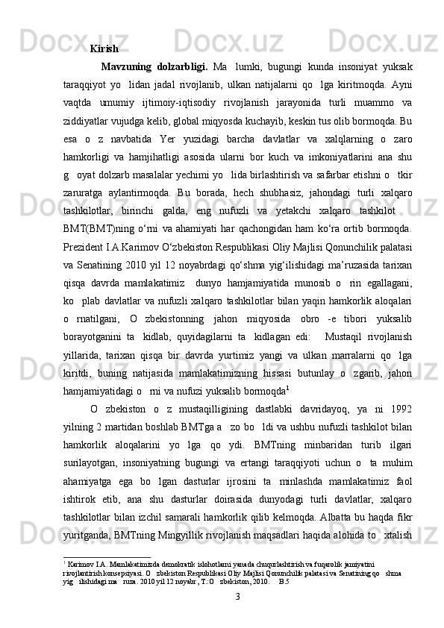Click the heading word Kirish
click(x=104, y=50)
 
